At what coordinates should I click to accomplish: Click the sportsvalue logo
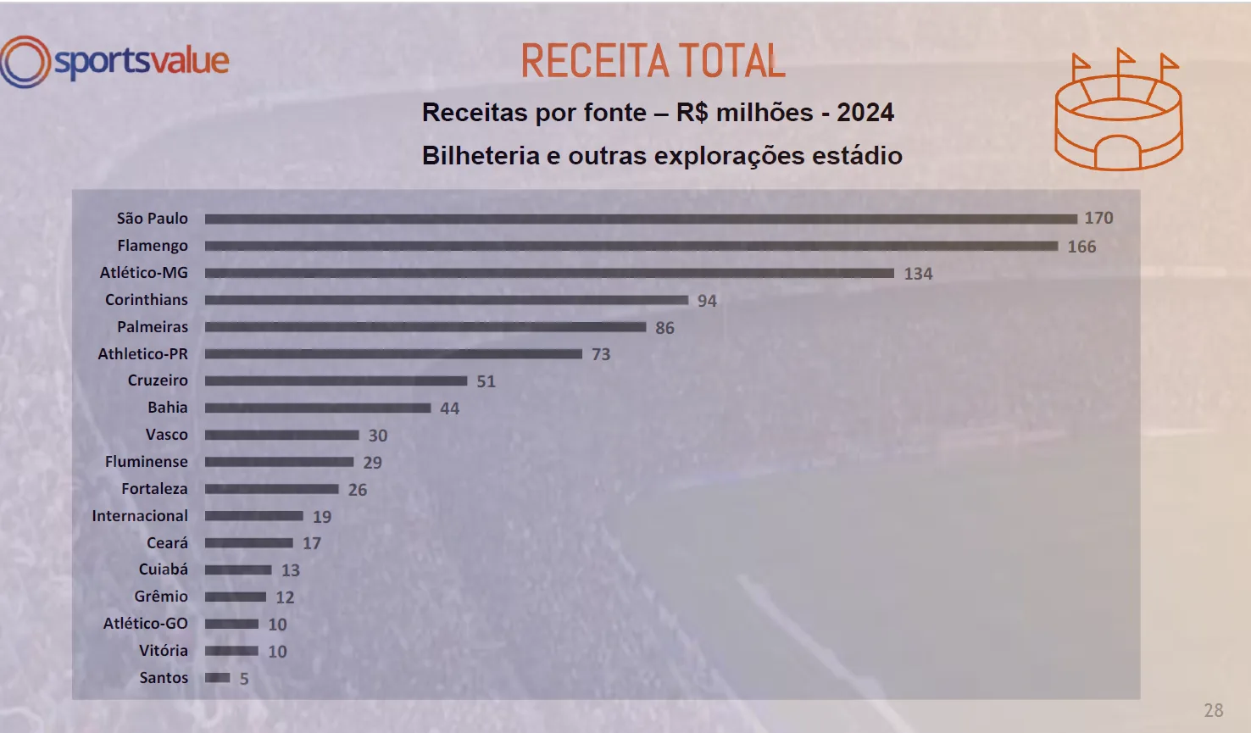coord(115,62)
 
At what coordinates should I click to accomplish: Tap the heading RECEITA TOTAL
coord(653,61)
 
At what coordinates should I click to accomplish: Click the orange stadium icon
coord(1118,110)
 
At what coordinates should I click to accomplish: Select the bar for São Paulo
coord(640,219)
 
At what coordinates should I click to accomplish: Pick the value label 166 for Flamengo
coord(1081,247)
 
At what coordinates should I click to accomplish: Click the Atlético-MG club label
coord(144,273)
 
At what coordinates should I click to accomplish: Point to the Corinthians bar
coord(446,300)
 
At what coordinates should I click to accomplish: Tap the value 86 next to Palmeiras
coord(664,328)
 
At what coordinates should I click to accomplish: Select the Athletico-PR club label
coord(142,354)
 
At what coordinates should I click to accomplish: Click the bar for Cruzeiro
coord(336,381)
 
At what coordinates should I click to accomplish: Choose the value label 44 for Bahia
coord(449,408)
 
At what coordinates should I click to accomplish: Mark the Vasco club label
coord(166,435)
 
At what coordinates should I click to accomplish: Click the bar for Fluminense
coord(279,462)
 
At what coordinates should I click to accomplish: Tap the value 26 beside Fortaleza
coord(358,490)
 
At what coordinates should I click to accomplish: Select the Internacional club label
coord(140,516)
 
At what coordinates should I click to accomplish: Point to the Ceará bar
coord(248,543)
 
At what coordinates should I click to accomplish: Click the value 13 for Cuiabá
coord(291,570)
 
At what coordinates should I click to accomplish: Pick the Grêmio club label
coord(161,597)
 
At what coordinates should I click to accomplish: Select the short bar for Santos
coord(217,678)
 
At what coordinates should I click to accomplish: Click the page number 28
coord(1213,710)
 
